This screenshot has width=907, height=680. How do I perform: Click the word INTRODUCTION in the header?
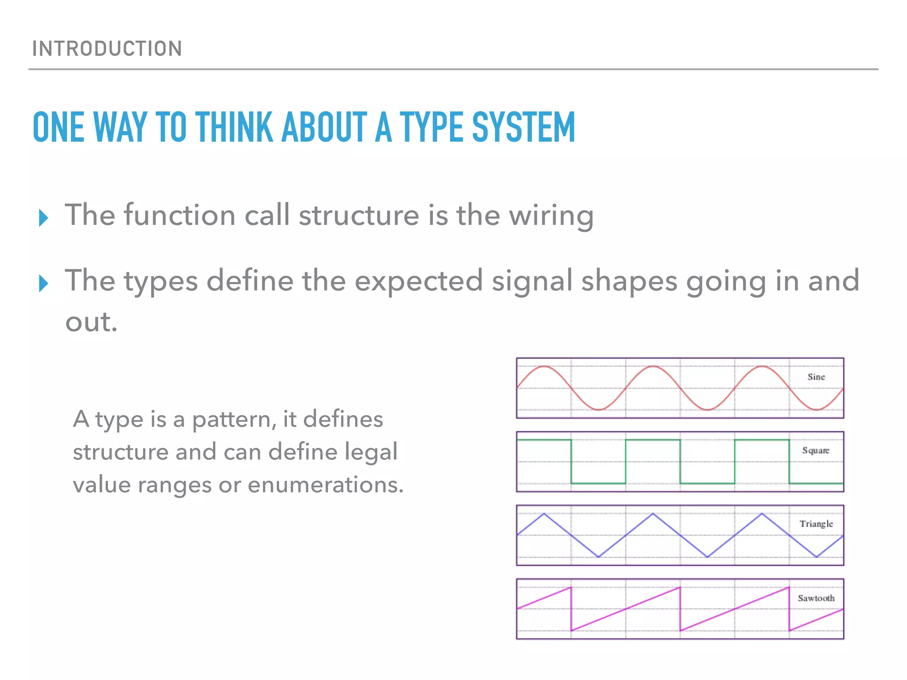(x=107, y=49)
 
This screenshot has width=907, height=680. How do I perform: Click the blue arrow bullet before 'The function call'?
(x=43, y=218)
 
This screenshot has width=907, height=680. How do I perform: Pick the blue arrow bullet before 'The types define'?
(x=43, y=283)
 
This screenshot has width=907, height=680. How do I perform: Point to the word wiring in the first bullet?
(x=551, y=216)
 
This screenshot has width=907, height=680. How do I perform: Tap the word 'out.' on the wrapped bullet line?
(x=91, y=322)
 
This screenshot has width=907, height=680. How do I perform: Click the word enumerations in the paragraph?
(x=326, y=485)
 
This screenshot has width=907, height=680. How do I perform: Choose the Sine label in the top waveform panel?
(x=816, y=377)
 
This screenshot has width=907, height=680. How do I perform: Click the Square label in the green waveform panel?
(x=815, y=450)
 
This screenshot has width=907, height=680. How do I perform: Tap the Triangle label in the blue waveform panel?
(x=816, y=524)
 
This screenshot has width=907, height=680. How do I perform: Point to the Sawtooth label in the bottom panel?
(x=816, y=598)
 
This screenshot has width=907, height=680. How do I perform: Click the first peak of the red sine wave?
(x=544, y=367)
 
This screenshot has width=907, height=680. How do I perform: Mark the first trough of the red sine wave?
(x=598, y=410)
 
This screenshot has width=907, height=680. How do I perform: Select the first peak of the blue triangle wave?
(x=544, y=514)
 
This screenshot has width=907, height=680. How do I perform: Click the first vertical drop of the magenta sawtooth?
(x=571, y=609)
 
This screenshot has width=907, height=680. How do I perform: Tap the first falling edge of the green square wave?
(x=571, y=461)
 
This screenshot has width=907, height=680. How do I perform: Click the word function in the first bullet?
(x=179, y=216)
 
